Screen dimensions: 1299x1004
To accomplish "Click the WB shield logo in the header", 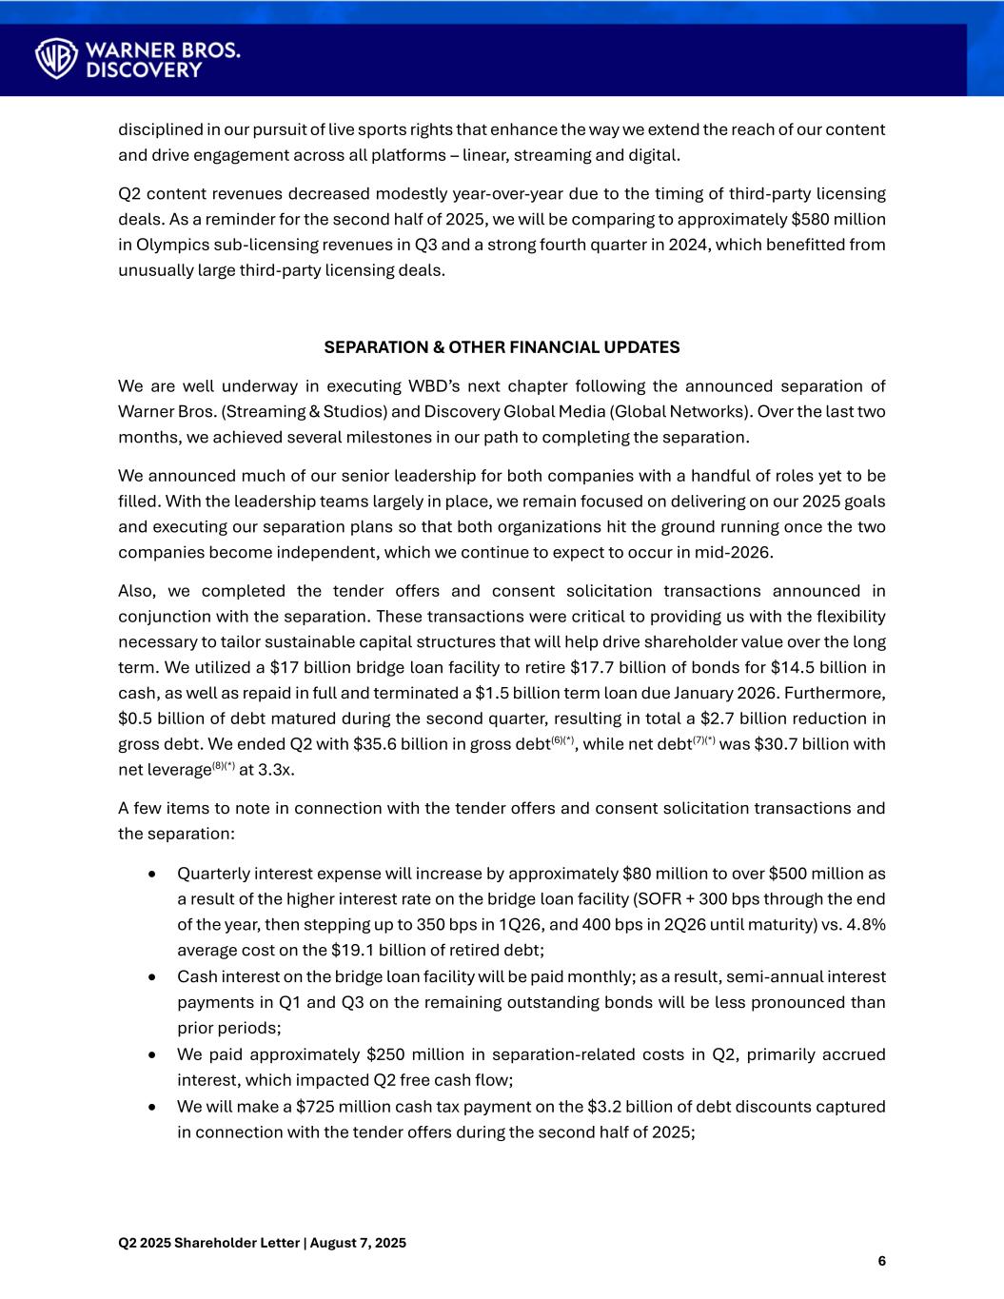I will coord(56,58).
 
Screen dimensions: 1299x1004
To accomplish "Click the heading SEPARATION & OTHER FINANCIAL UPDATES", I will coord(502,347).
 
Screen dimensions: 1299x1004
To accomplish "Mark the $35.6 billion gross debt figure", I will coord(400,744).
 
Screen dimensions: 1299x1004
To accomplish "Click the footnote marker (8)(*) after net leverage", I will coord(223,765).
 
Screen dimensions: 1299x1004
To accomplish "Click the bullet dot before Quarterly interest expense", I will coord(152,874).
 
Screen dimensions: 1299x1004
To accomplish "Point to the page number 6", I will coord(881,1262).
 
